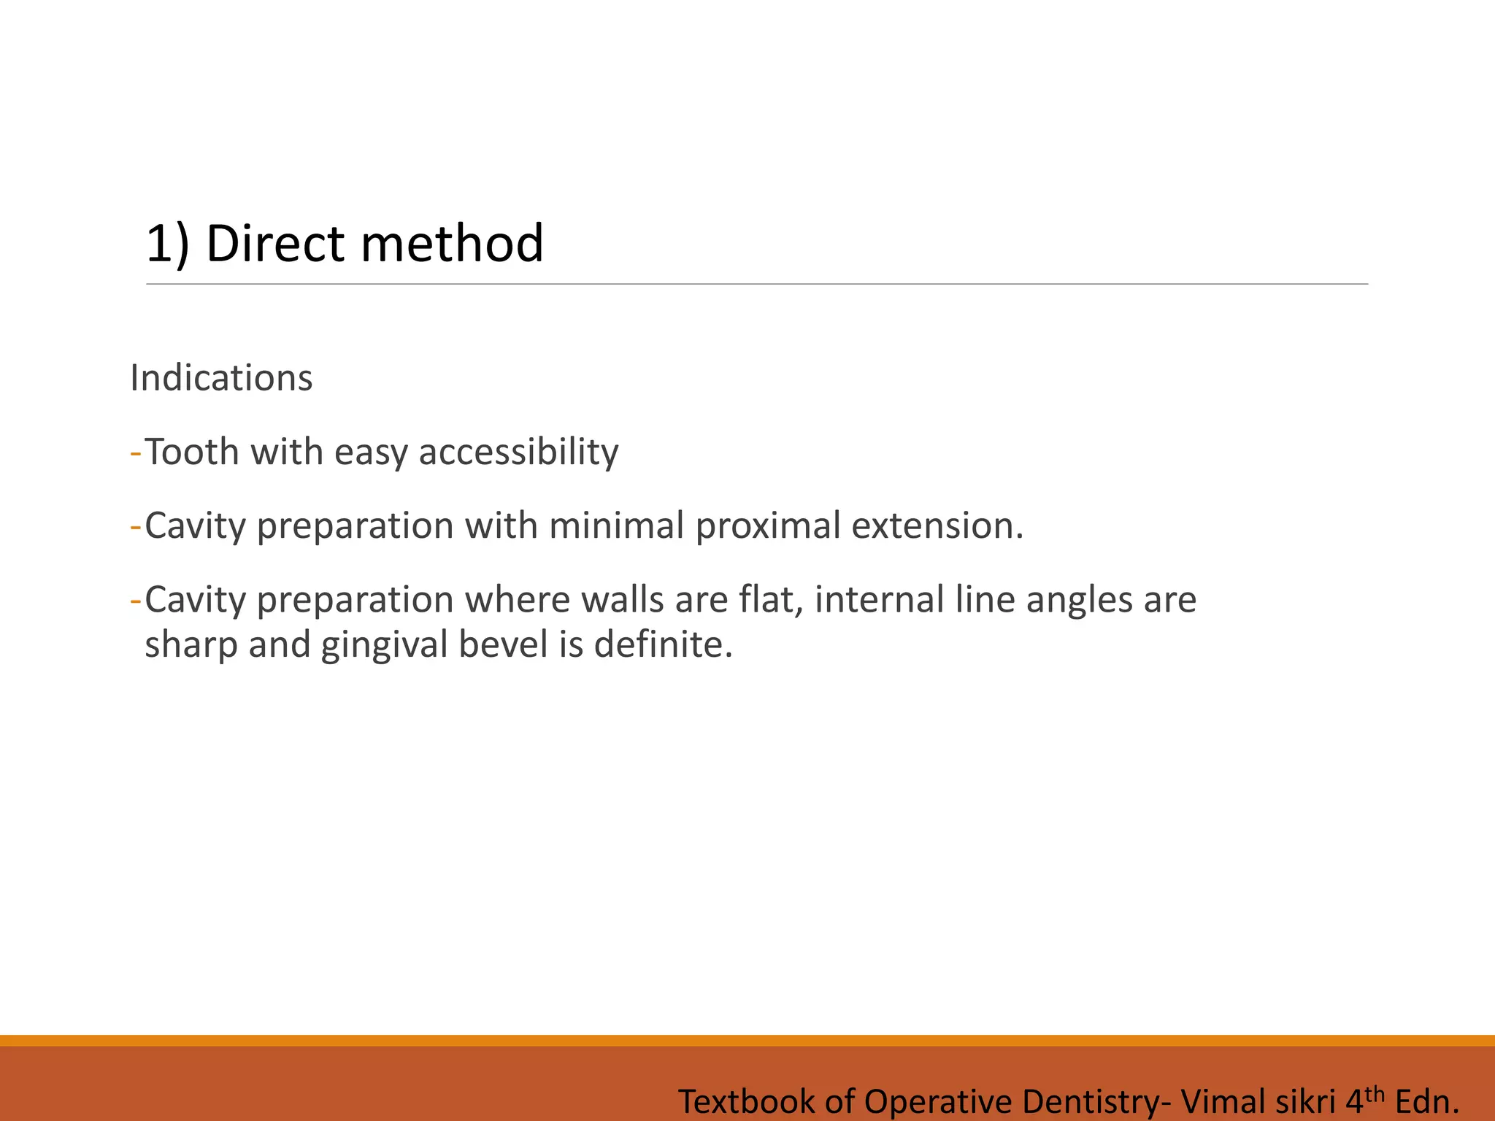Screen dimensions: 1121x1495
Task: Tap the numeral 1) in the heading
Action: pyautogui.click(x=167, y=243)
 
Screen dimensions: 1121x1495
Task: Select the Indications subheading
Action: pyautogui.click(x=221, y=378)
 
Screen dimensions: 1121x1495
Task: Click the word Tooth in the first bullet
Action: pyautogui.click(x=193, y=452)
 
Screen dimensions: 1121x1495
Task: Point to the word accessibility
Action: pyautogui.click(x=518, y=452)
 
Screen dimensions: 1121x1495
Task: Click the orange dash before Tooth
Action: pyautogui.click(x=135, y=452)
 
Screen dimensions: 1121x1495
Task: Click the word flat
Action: pyautogui.click(x=771, y=600)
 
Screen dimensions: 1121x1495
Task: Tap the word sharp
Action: pyautogui.click(x=190, y=645)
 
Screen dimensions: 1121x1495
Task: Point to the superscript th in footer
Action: pyautogui.click(x=1375, y=1093)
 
